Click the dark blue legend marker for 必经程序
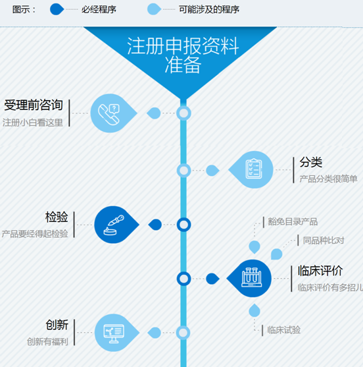pyautogui.click(x=57, y=9)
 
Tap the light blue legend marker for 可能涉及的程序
pyautogui.click(x=154, y=9)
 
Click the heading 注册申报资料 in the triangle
pyautogui.click(x=183, y=46)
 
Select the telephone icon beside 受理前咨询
pyautogui.click(x=109, y=115)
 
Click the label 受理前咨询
pyautogui.click(x=34, y=105)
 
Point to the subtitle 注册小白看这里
pyautogui.click(x=33, y=123)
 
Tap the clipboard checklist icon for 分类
pyautogui.click(x=254, y=169)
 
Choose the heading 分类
pyautogui.click(x=311, y=162)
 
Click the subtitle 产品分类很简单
pyautogui.click(x=328, y=179)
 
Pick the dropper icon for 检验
pyautogui.click(x=114, y=225)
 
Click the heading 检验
pyautogui.click(x=57, y=217)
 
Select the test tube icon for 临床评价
pyautogui.click(x=252, y=277)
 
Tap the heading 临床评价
pyautogui.click(x=320, y=271)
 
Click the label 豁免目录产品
pyautogui.click(x=293, y=221)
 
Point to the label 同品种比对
pyautogui.click(x=324, y=240)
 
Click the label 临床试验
pyautogui.click(x=284, y=330)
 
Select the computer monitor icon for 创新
pyautogui.click(x=114, y=333)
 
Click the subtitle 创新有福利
pyautogui.click(x=47, y=342)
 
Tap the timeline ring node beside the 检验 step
pyautogui.click(x=184, y=225)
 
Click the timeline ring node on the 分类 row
pyautogui.click(x=184, y=171)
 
